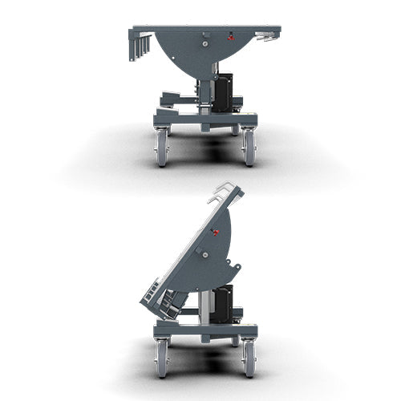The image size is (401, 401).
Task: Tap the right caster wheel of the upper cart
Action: (x=249, y=148)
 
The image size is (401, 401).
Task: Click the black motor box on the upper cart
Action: (x=222, y=93)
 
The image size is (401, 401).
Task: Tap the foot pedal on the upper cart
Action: (x=172, y=99)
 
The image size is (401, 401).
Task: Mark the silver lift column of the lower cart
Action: (x=206, y=305)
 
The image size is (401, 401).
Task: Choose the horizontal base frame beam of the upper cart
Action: (x=205, y=119)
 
